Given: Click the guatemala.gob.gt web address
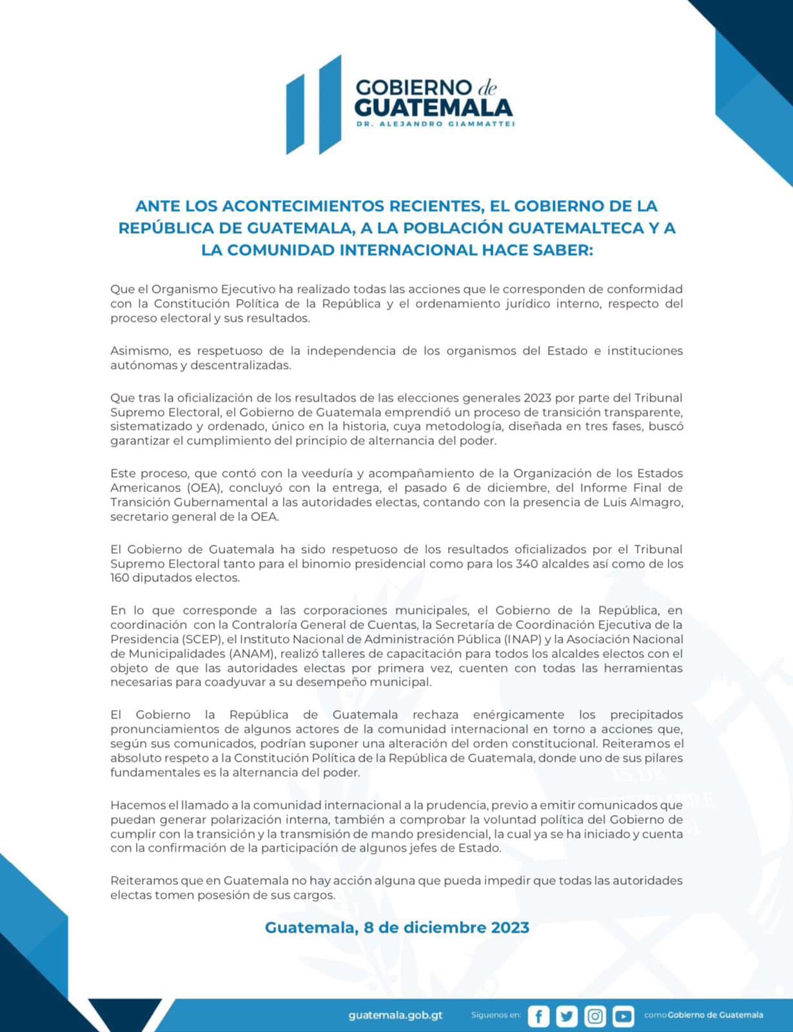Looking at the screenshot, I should pos(395,1015).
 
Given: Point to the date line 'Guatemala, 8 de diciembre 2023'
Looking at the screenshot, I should pos(397,928).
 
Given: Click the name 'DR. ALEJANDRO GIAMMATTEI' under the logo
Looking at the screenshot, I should pos(435,124).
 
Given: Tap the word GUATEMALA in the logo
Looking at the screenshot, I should pos(433,107).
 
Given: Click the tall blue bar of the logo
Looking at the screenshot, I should pos(329,104).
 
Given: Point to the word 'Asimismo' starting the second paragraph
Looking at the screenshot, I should pos(139,351).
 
